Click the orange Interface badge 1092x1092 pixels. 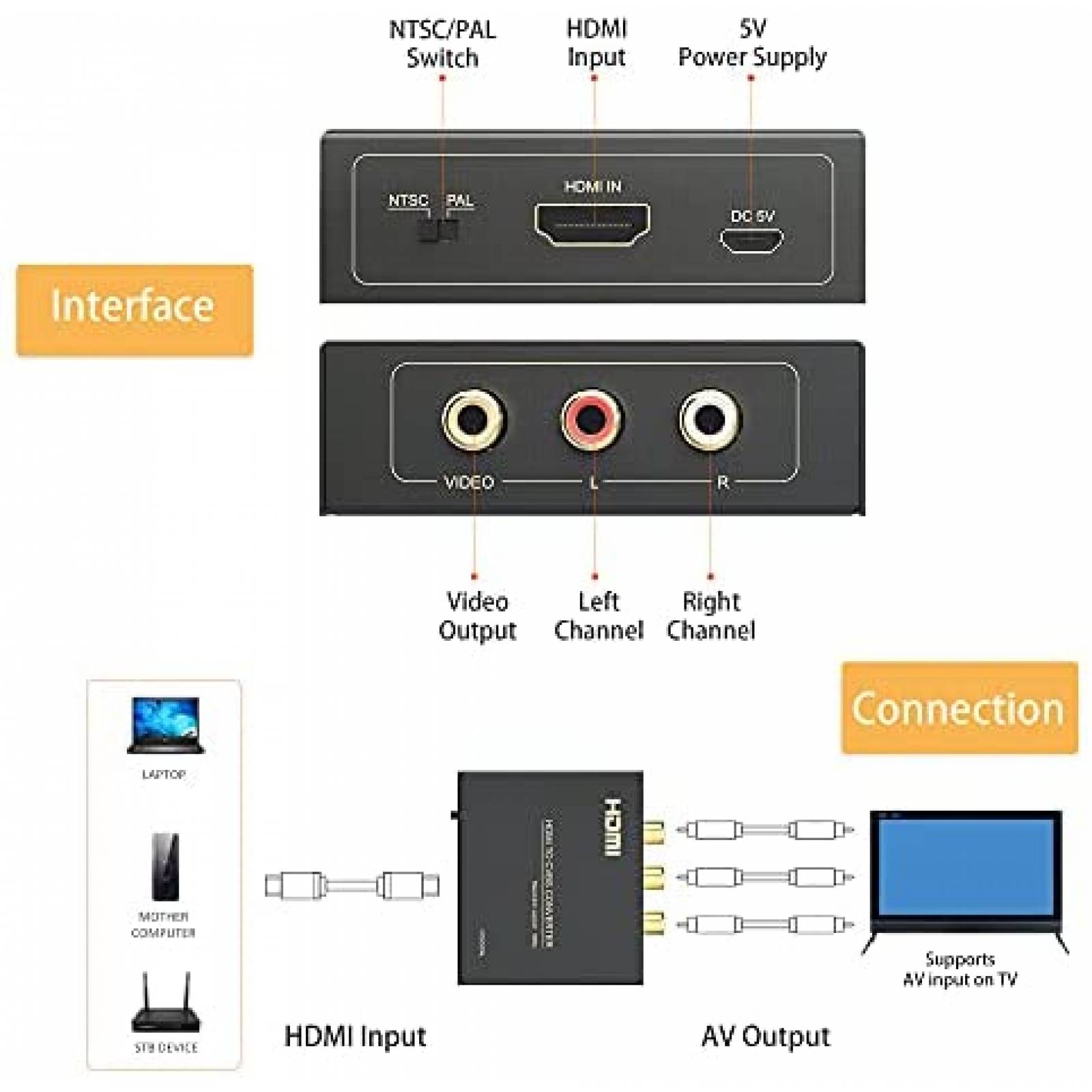(x=134, y=310)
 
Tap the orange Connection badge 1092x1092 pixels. (x=959, y=708)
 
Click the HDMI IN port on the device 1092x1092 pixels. (x=592, y=225)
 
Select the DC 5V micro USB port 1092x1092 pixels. (x=751, y=240)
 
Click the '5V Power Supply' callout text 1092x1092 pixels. (x=751, y=43)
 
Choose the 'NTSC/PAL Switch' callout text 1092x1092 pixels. (x=442, y=44)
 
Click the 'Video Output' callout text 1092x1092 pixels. (x=477, y=616)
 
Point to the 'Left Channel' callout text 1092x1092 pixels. (x=598, y=616)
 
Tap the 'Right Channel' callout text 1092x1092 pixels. (x=710, y=616)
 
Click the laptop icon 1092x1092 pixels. (x=165, y=725)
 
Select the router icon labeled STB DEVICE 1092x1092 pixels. (x=166, y=1005)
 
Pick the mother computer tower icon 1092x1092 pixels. (x=165, y=867)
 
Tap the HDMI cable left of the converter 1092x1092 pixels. (x=351, y=885)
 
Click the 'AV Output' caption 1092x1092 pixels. (x=765, y=1036)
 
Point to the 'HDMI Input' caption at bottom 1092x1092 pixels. (x=355, y=1036)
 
